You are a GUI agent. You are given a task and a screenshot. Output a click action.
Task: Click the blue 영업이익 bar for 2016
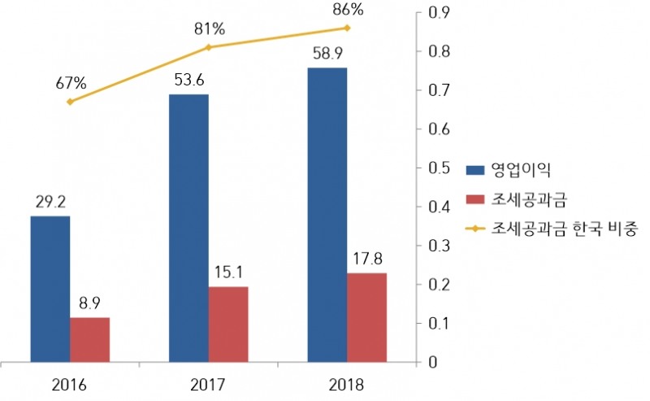(x=50, y=289)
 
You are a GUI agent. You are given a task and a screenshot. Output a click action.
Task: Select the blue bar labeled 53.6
(x=188, y=228)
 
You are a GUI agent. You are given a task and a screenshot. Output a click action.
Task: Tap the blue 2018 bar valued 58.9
(x=327, y=215)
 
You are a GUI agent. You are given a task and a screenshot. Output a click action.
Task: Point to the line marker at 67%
(x=70, y=102)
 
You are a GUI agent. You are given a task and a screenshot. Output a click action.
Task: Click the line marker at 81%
(x=209, y=47)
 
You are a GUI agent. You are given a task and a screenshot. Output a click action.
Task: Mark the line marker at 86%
(x=347, y=28)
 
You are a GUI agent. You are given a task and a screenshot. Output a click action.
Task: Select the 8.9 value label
(x=89, y=303)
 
